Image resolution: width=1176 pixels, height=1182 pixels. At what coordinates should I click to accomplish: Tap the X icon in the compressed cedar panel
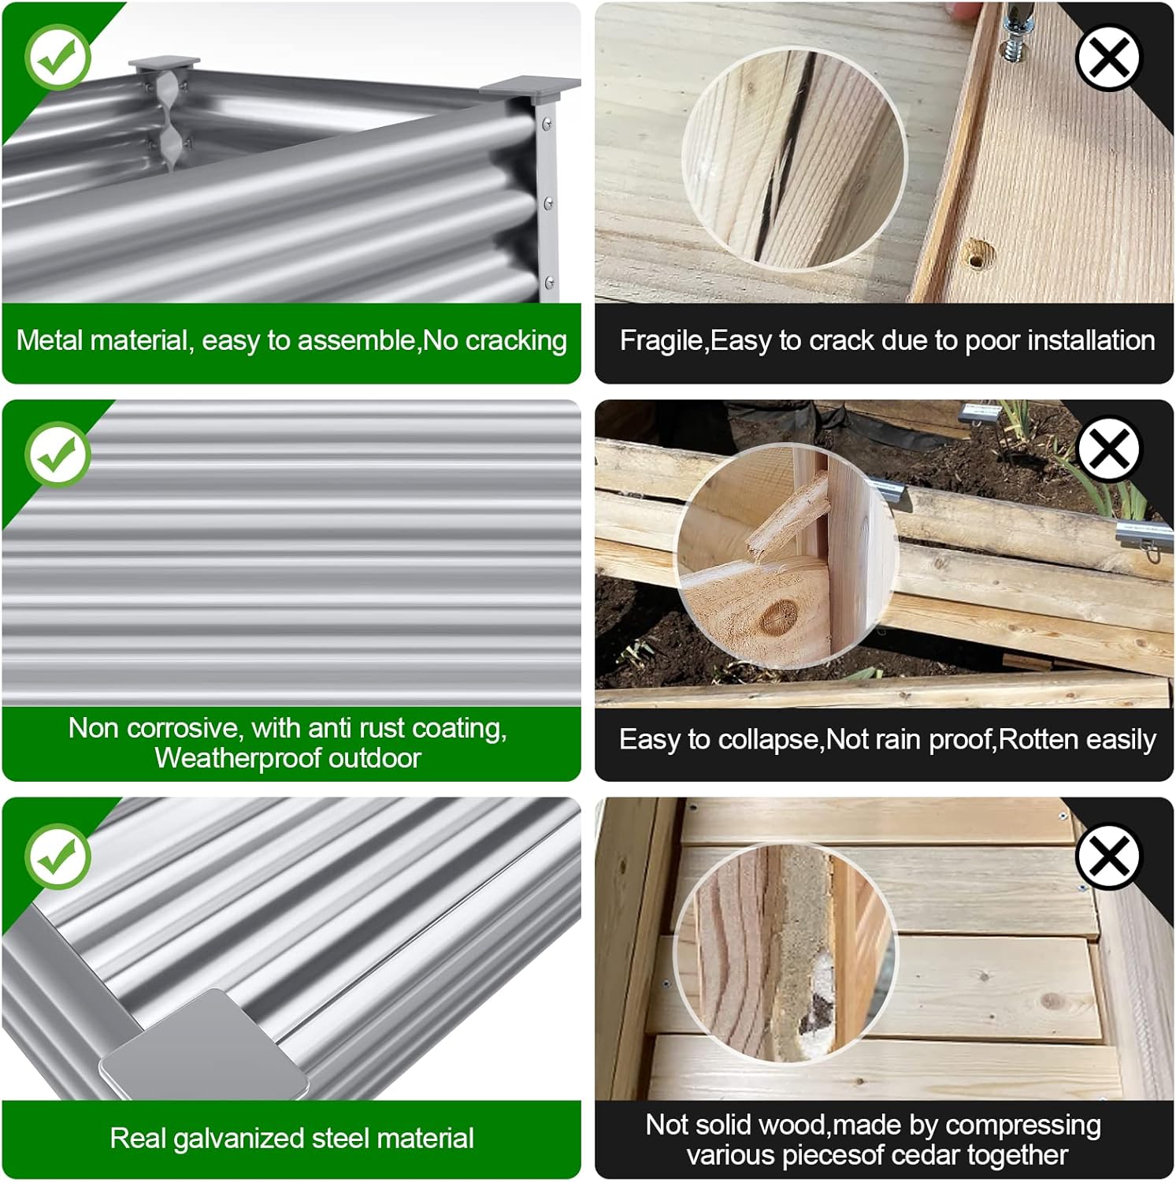pyautogui.click(x=1108, y=856)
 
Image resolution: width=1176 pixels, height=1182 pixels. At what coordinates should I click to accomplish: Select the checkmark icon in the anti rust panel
pyautogui.click(x=58, y=454)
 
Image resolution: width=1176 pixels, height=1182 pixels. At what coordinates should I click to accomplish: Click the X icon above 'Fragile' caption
pyautogui.click(x=1108, y=58)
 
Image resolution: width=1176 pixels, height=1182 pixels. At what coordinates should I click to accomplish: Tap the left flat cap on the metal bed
pyautogui.click(x=164, y=63)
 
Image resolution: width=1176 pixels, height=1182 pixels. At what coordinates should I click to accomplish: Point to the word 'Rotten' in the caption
pyautogui.click(x=1036, y=740)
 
